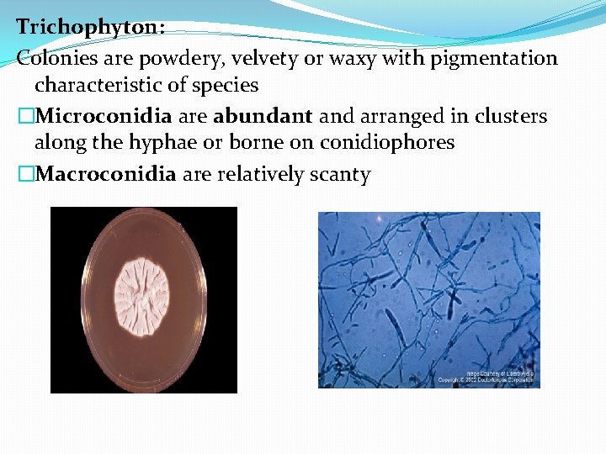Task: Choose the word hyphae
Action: point(156,143)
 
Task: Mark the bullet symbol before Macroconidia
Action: point(25,174)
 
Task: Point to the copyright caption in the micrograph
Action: point(486,376)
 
